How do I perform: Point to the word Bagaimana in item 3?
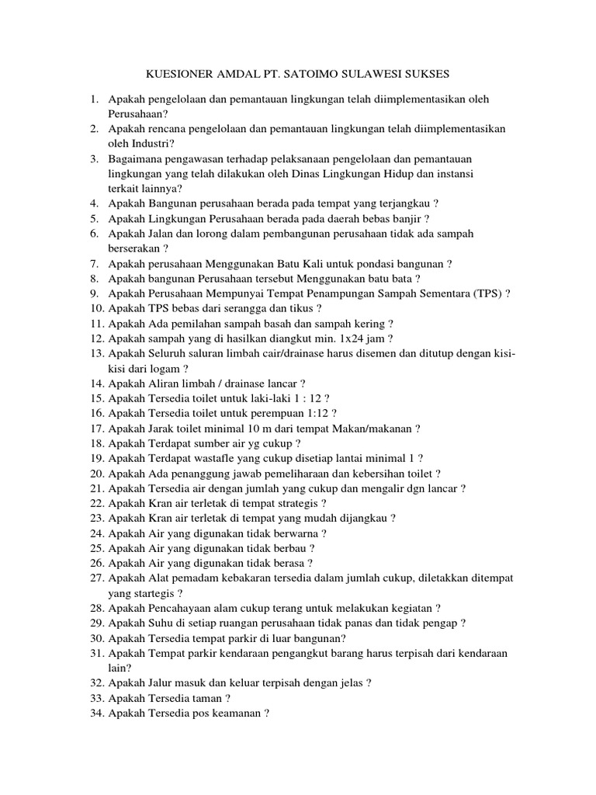click(x=133, y=158)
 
